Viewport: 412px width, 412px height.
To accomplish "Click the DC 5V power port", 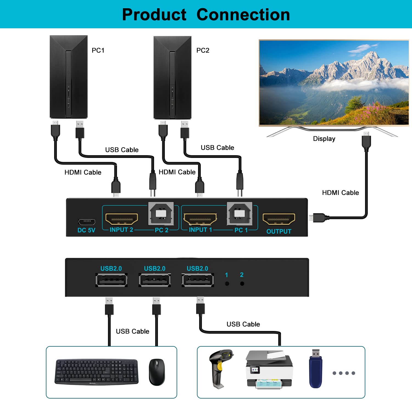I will click(87, 222).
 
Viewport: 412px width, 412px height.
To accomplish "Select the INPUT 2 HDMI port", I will click(122, 219).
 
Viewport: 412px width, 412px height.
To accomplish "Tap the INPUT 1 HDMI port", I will click(200, 219).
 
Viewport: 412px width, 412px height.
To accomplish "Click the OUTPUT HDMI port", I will click(279, 219).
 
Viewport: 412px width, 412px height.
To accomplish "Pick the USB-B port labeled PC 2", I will click(161, 213).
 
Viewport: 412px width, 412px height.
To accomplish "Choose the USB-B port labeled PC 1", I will click(240, 213).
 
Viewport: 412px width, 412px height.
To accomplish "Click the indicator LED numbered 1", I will click(227, 284).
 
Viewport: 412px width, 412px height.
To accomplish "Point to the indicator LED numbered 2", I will click(242, 284).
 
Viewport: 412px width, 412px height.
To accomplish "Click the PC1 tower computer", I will click(68, 77).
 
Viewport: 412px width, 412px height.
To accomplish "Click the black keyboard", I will click(96, 372).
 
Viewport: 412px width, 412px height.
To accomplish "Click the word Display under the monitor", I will click(324, 139).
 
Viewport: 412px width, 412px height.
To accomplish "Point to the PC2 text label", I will click(203, 50).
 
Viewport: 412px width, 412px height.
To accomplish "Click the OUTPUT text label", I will click(279, 231).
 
